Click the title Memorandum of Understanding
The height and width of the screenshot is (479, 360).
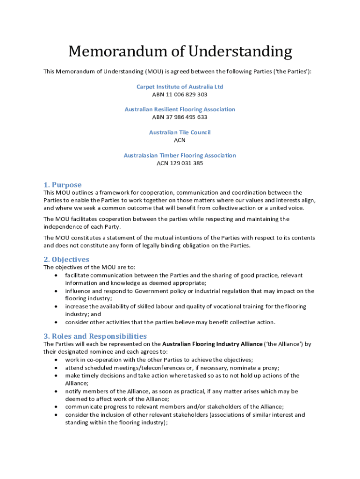[180, 51]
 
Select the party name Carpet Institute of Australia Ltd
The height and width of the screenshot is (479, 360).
[180, 87]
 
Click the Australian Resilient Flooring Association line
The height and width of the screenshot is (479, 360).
[180, 109]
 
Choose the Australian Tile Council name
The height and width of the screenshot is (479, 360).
[180, 132]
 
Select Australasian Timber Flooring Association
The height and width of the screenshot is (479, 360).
[180, 155]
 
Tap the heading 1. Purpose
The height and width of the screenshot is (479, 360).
[63, 185]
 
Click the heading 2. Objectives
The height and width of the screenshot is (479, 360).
[66, 259]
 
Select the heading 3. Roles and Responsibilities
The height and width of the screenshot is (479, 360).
[95, 336]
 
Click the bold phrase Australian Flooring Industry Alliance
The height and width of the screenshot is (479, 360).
[212, 344]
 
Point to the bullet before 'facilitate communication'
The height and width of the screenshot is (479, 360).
[57, 275]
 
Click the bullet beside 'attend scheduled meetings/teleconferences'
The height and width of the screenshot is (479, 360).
[57, 368]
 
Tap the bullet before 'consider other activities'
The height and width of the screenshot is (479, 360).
[57, 322]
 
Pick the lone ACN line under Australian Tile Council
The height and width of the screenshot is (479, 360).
[180, 140]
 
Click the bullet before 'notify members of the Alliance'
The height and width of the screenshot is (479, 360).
[57, 391]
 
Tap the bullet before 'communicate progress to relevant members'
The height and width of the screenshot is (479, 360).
[57, 406]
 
